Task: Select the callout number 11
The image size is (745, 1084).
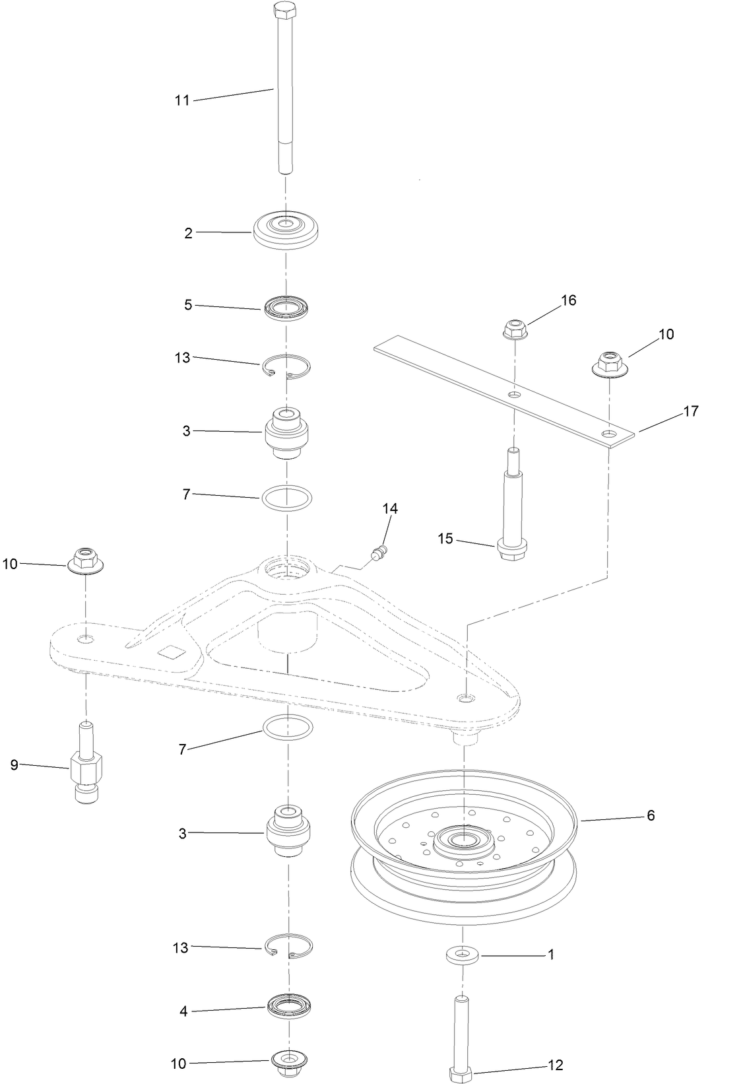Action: click(182, 100)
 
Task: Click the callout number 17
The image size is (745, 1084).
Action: click(690, 411)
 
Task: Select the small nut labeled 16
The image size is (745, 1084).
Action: click(515, 329)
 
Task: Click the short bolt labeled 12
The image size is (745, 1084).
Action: click(462, 1036)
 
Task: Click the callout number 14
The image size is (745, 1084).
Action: click(390, 508)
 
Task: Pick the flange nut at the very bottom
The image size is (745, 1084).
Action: click(288, 1062)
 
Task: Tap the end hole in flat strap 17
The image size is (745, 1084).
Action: click(609, 434)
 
